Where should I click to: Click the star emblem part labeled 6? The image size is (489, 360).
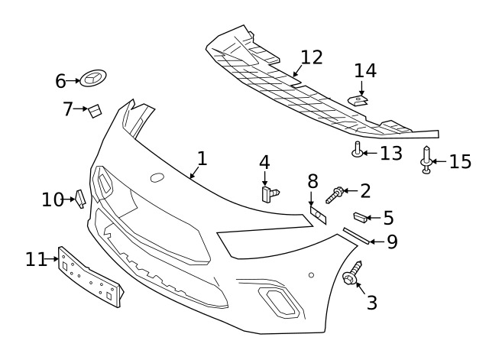coord(93,78)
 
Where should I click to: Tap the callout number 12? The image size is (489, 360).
coord(312,57)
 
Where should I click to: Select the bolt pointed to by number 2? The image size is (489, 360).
coord(335,195)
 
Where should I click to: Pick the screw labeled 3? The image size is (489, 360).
coord(352,274)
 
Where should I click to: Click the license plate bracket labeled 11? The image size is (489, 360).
coord(90,277)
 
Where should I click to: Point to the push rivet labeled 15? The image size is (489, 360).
coord(426,160)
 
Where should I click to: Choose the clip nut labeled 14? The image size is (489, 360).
coord(358,100)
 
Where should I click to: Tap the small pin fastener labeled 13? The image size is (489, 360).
coord(358,149)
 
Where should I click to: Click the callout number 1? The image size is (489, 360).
coord(202,158)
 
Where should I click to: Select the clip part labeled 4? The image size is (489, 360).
coord(270,194)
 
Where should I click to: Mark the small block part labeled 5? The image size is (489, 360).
coord(360,217)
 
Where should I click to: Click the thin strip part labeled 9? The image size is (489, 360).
coord(356,235)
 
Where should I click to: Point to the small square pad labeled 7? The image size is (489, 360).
coord(95,111)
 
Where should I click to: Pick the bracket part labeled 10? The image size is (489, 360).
coord(80,199)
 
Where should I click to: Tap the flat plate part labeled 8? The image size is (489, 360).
coord(318,215)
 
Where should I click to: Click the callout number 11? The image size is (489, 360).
coord(36,259)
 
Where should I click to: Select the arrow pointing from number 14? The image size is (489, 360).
coord(361,88)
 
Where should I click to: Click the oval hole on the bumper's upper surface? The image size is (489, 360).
coord(157,177)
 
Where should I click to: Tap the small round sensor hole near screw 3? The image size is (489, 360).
coord(311,275)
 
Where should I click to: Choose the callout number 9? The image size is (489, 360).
coord(392,242)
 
